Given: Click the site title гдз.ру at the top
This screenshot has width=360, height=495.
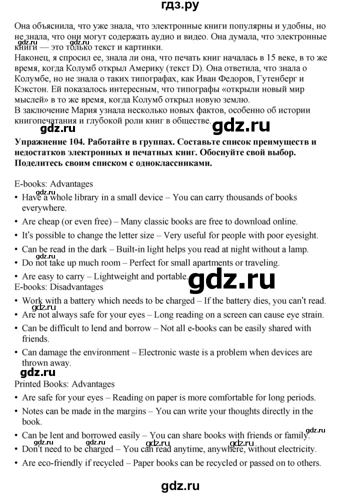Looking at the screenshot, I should (179, 6).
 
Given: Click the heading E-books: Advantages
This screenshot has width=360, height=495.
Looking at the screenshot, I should (54, 184).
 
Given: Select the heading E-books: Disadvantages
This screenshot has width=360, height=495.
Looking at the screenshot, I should (59, 287).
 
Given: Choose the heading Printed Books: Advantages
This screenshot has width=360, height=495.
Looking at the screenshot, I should (65, 384).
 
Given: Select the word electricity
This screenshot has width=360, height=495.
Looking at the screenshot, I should (286, 449).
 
